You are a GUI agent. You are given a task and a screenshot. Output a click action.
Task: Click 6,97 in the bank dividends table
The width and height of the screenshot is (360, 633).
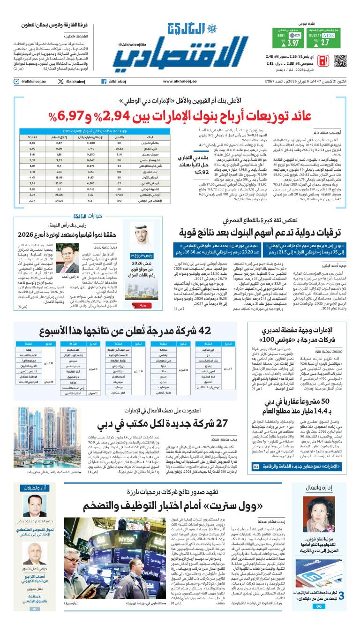point(33,142)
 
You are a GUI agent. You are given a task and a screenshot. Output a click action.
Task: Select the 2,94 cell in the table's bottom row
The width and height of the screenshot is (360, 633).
point(33,200)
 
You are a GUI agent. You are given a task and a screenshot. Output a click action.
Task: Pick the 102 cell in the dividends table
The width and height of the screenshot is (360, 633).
point(120,171)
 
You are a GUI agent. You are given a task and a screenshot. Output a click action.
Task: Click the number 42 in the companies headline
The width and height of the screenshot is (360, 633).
point(192,331)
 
